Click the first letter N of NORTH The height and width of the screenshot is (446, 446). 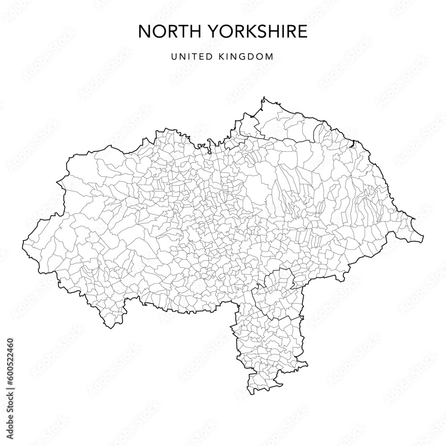pyautogui.click(x=144, y=32)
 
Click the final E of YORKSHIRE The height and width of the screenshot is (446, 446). pyautogui.click(x=302, y=32)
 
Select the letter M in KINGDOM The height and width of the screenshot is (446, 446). pyautogui.click(x=269, y=57)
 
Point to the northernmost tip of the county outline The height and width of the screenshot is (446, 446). pyautogui.click(x=264, y=97)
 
